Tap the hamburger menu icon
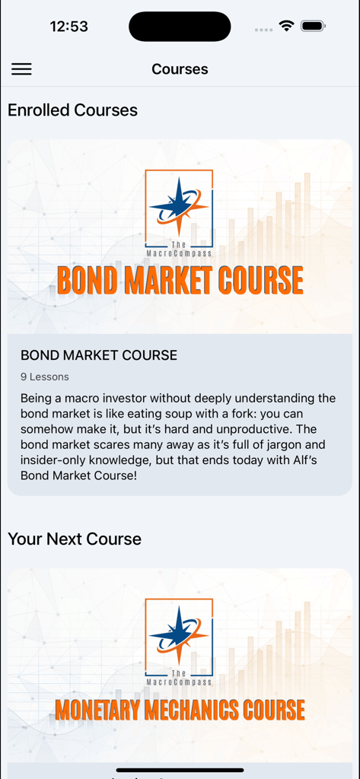pos(21,69)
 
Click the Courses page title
pos(180,69)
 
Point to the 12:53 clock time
pos(68,27)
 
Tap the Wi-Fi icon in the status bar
pos(286,26)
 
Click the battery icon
pos(313,26)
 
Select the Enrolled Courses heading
pos(72,110)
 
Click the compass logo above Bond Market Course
pos(179,208)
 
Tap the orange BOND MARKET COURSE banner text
pos(180,280)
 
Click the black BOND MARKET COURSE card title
pos(99,355)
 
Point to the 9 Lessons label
pos(45,377)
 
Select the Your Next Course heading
pos(75,539)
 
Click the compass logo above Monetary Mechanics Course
pos(179,636)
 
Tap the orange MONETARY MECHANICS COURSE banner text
pos(180,711)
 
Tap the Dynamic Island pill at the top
pos(180,27)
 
